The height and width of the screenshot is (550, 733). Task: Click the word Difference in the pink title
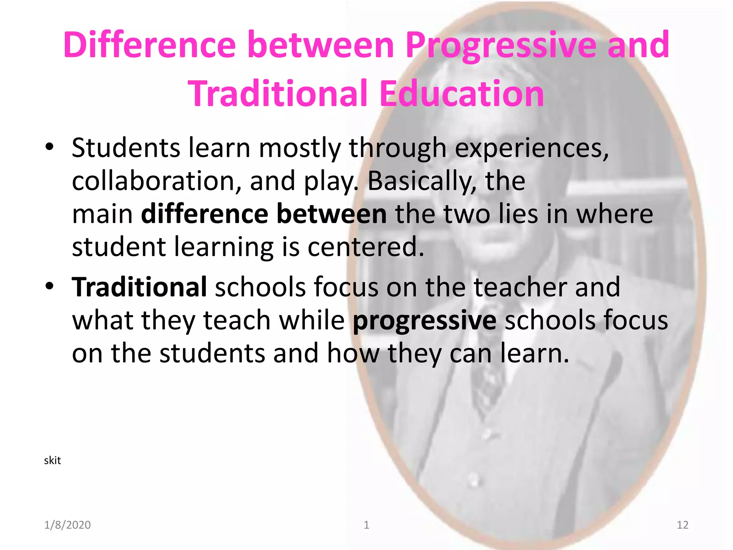(x=150, y=45)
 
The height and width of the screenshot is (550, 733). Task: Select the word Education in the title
(x=462, y=94)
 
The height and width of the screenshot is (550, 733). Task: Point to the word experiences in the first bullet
(x=531, y=148)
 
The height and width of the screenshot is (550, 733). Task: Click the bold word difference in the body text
(x=205, y=214)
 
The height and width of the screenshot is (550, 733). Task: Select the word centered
(x=365, y=247)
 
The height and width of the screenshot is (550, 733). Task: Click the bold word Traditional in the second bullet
(x=139, y=287)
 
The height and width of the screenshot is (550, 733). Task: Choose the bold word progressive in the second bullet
(x=424, y=321)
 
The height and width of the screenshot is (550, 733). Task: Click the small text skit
(x=52, y=460)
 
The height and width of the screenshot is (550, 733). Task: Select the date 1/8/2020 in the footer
(x=67, y=525)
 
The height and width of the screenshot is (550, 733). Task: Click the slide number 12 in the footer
(x=683, y=525)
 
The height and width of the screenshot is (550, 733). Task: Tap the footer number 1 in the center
(x=366, y=525)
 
